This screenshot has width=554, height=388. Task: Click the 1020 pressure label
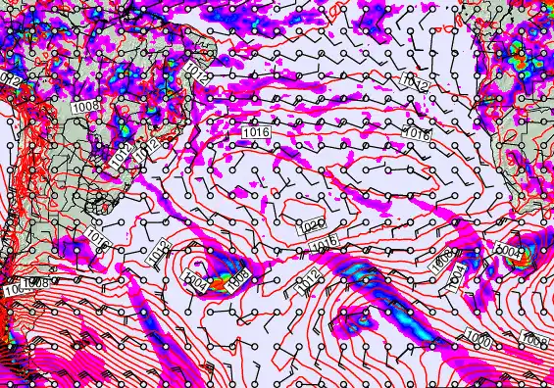tap(314, 225)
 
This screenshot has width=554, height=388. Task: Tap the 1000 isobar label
tap(479, 339)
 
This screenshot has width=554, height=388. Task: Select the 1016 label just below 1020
tap(328, 241)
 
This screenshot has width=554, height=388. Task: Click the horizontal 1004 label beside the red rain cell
tap(509, 252)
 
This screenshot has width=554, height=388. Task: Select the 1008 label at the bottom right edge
tap(535, 340)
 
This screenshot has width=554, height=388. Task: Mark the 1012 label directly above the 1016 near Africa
tap(416, 86)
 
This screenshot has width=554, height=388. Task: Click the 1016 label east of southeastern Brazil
tap(255, 130)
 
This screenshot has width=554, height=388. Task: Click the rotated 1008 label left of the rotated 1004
tap(441, 259)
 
